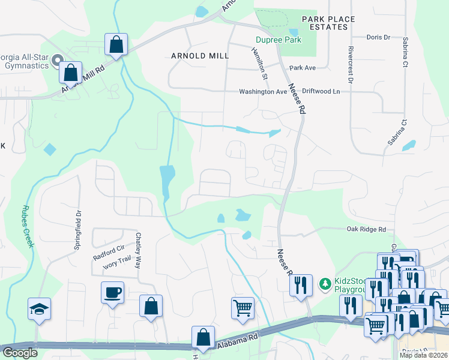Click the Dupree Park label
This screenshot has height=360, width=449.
point(278,40)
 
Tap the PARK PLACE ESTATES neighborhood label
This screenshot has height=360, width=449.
point(328,23)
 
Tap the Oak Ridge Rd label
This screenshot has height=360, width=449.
point(366,229)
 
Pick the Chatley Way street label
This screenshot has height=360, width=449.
point(139,250)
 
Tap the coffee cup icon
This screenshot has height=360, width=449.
point(113,292)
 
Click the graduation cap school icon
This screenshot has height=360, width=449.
point(40,308)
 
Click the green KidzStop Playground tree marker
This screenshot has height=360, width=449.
point(325,283)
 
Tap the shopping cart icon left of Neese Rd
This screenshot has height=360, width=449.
point(243,307)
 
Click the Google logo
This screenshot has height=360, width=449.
point(20,353)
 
